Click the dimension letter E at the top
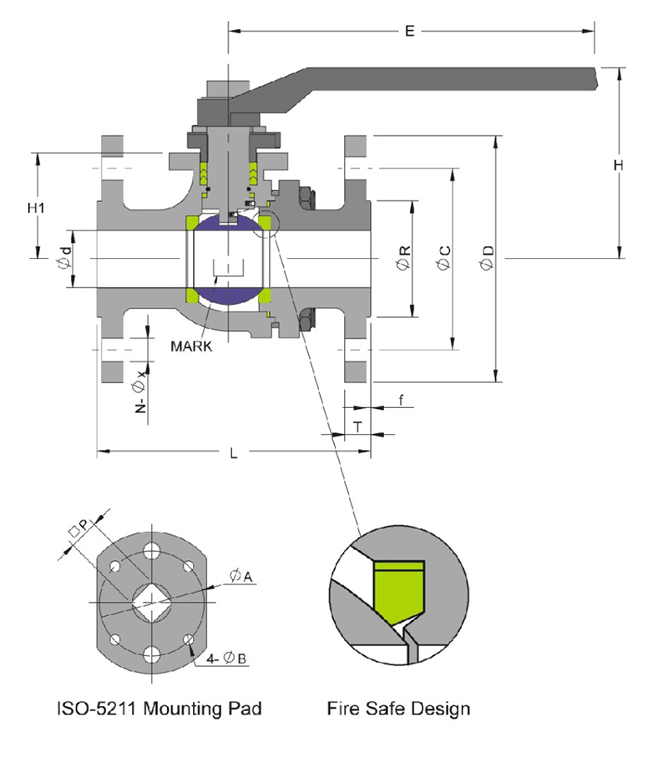click(x=409, y=32)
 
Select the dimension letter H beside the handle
click(x=619, y=166)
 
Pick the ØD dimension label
click(x=488, y=259)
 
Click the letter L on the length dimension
click(x=234, y=453)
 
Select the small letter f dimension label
click(x=401, y=401)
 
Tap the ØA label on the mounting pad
click(x=236, y=575)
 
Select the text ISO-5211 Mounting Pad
click(x=159, y=709)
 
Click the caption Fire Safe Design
click(x=399, y=709)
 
